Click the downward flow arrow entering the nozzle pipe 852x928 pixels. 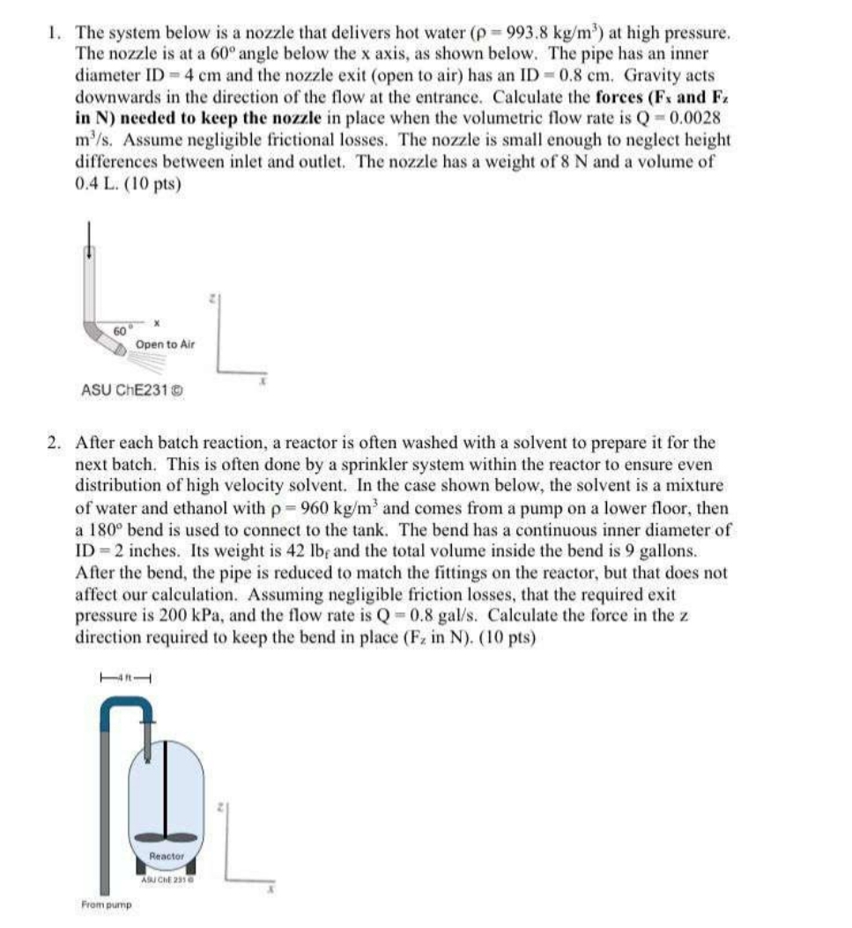tap(87, 235)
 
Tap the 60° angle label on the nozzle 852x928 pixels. tap(120, 329)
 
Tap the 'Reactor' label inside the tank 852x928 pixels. tap(167, 856)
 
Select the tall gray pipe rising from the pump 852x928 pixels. tap(105, 810)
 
